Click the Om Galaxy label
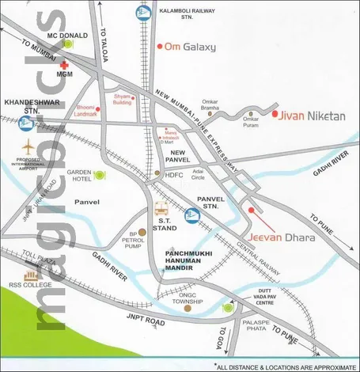tap(190, 47)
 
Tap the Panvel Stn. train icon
tap(192, 214)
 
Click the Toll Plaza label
tap(39, 257)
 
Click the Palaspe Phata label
tap(256, 325)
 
